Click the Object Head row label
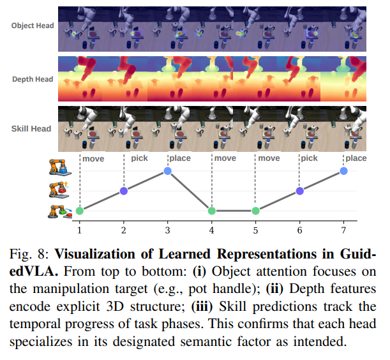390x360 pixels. click(33, 26)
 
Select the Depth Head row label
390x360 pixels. click(33, 79)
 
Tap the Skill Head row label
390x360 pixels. click(31, 129)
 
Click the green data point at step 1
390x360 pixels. click(80, 211)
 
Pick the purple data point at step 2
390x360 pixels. click(124, 191)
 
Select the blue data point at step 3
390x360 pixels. click(168, 171)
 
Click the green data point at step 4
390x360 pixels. click(212, 211)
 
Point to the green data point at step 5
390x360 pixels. click(256, 211)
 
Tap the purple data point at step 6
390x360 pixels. click(300, 191)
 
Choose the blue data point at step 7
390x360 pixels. click(343, 171)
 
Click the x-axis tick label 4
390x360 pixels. click(212, 230)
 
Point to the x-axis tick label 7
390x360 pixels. click(343, 230)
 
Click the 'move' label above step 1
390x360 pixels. click(93, 159)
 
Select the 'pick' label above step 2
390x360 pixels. click(140, 158)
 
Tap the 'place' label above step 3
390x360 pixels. click(180, 158)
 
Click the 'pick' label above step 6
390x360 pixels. click(309, 158)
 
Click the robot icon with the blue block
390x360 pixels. click(60, 167)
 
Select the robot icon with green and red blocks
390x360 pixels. click(60, 212)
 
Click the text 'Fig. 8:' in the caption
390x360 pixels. click(29, 254)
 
